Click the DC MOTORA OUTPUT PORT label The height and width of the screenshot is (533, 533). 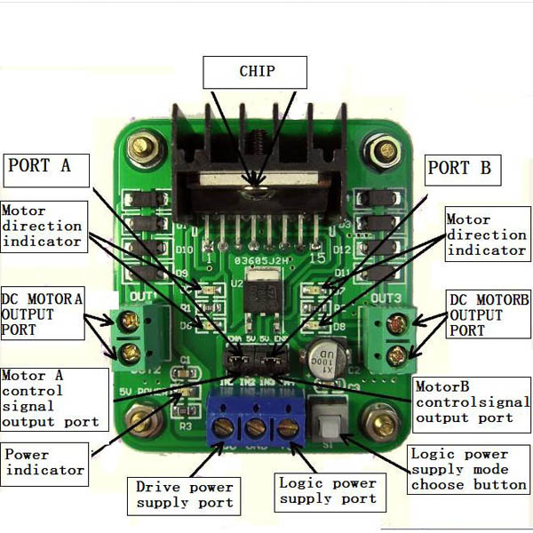coord(40,314)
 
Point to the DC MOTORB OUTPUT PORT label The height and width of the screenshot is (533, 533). coord(489,315)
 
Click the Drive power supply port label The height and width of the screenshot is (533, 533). coord(185,495)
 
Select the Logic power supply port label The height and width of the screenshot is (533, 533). coord(328,491)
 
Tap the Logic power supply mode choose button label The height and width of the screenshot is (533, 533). coord(469,469)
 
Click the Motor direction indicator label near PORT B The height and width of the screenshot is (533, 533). coord(485,235)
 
